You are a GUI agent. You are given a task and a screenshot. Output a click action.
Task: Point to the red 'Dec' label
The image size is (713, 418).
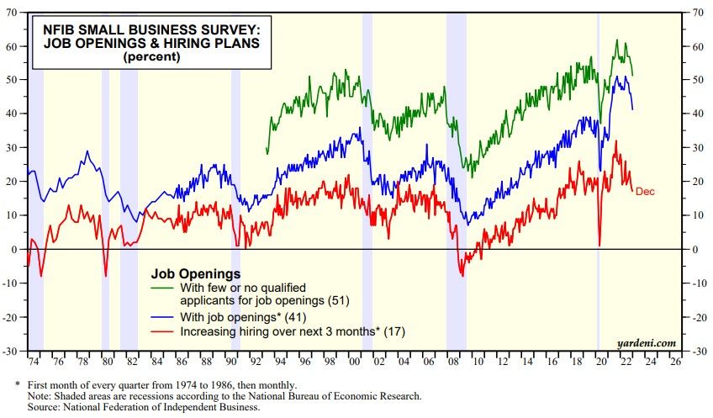point(645,192)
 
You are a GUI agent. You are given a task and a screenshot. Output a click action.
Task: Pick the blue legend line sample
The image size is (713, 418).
point(163,317)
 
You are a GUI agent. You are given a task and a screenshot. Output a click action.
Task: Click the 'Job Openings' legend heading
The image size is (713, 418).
point(196,273)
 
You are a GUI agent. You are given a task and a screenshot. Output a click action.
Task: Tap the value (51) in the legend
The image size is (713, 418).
point(333,300)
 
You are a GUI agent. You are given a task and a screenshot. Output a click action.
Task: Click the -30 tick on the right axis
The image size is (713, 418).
point(697,352)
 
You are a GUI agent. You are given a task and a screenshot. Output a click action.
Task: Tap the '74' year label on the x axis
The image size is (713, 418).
point(33,362)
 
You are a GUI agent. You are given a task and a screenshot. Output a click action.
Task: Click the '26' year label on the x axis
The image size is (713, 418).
point(674,362)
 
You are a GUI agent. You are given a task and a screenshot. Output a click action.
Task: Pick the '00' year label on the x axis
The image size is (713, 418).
point(354,362)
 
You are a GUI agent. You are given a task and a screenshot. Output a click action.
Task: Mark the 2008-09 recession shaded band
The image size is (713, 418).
point(456,168)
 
